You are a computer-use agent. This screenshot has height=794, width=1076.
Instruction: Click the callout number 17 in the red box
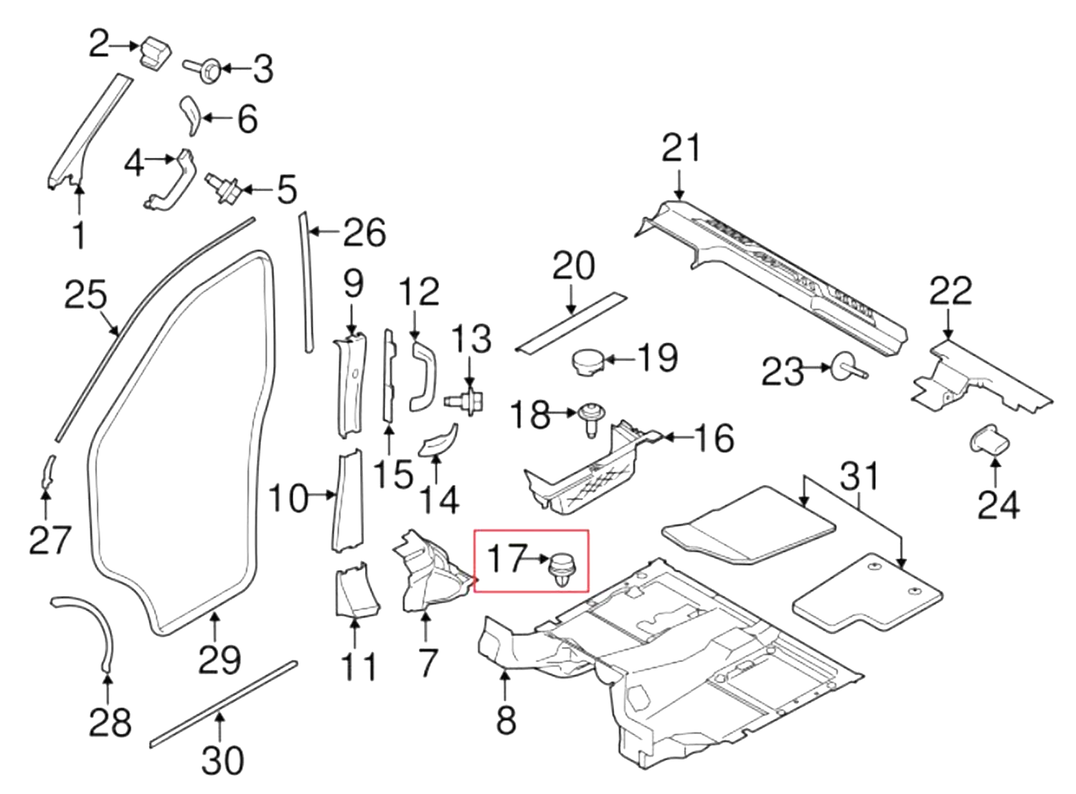pos(506,558)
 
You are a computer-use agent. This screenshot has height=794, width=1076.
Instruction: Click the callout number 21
pos(680,148)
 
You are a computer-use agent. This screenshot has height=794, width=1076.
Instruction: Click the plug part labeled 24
pos(991,441)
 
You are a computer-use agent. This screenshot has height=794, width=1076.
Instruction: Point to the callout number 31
pos(859,476)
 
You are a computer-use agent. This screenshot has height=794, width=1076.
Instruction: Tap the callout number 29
pos(219,659)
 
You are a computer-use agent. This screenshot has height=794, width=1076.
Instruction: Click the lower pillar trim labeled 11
pos(355,589)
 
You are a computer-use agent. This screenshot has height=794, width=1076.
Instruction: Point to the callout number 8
pos(506,719)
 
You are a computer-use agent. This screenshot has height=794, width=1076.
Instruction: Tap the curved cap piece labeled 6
pos(190,114)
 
